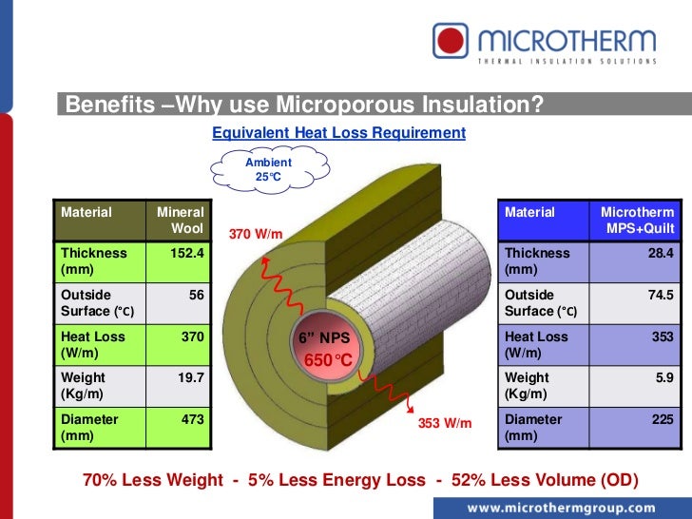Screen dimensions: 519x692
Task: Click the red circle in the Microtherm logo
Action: point(454,42)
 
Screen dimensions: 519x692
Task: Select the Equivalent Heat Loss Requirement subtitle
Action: point(338,133)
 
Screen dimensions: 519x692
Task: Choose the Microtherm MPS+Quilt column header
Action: point(637,221)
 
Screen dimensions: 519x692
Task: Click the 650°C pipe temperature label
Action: point(328,360)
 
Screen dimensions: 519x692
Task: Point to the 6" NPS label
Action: point(325,339)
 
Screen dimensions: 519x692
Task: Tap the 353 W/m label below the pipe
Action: point(445,422)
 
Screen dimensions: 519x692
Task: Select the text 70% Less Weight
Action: point(151,480)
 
